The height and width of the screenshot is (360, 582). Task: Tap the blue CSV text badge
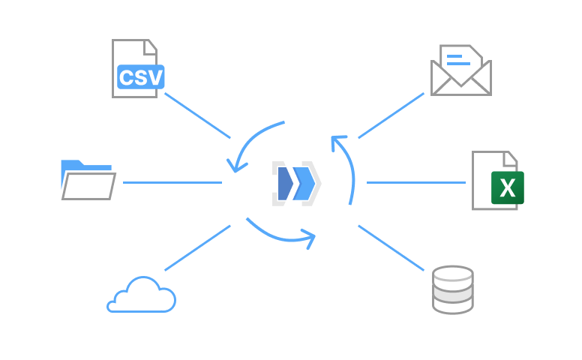[141, 77]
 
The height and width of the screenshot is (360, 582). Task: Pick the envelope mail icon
[460, 70]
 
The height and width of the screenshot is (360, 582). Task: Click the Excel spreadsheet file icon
[496, 180]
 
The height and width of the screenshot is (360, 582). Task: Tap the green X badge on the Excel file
[508, 187]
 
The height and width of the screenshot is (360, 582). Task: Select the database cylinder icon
[453, 289]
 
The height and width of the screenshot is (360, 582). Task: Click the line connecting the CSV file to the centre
[197, 115]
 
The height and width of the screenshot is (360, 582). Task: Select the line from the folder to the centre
[172, 182]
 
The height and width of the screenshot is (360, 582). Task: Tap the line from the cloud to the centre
[197, 248]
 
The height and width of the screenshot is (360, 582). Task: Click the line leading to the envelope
[391, 115]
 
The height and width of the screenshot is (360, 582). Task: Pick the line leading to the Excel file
[416, 182]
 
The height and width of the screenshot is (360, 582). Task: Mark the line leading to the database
[391, 247]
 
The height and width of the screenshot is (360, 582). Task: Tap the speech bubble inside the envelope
[460, 59]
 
